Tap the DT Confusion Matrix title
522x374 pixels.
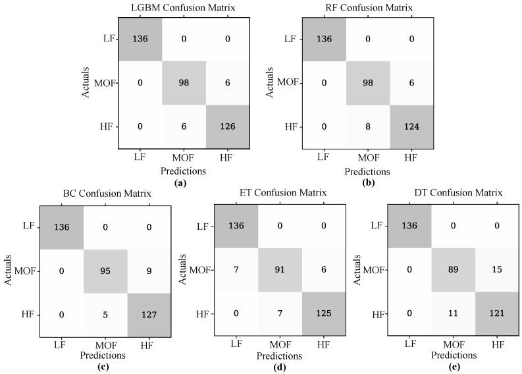(x=458, y=194)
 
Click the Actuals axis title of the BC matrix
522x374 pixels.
(x=9, y=269)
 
